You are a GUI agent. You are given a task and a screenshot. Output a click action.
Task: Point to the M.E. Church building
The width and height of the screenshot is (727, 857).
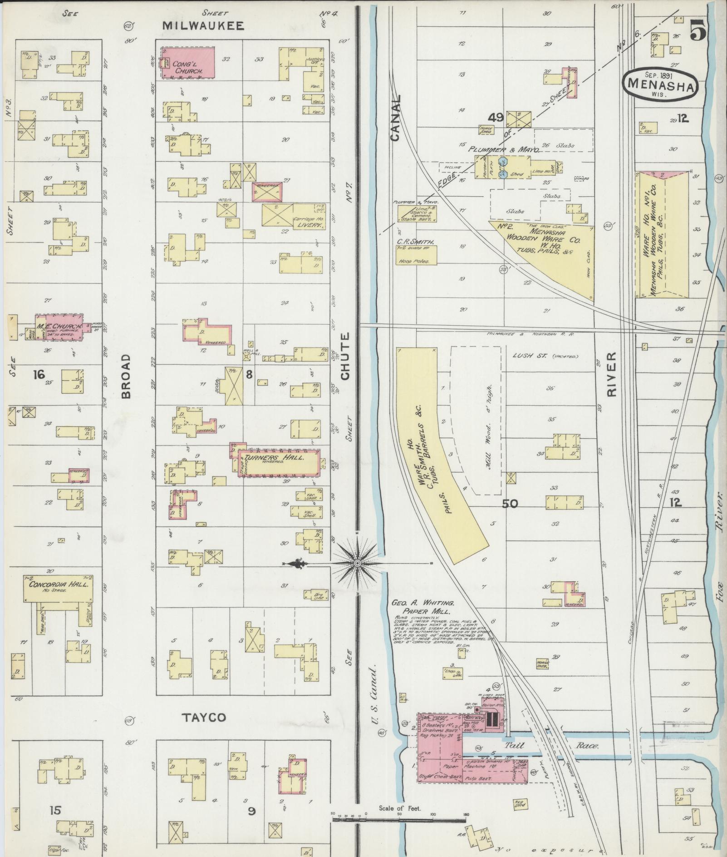[x=59, y=327]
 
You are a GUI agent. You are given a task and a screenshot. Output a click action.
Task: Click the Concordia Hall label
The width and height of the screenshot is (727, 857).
[x=58, y=584]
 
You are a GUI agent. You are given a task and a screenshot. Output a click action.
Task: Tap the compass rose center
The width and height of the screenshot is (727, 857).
[x=357, y=564]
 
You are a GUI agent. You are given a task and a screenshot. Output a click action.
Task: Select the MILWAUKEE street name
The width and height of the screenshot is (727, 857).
[x=203, y=26]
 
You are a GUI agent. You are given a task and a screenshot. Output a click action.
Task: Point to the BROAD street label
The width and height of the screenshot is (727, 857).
[x=126, y=376]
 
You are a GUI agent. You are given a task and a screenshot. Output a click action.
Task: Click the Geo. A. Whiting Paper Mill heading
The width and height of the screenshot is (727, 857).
[x=423, y=607]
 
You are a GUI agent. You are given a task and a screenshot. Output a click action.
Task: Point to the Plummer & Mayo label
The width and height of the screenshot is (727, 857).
[x=504, y=149]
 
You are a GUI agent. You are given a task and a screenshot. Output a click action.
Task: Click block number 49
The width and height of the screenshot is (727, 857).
[x=496, y=118]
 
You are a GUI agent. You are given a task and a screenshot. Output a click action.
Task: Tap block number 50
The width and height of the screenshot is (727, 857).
[x=510, y=503]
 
